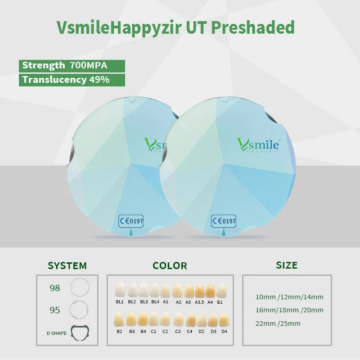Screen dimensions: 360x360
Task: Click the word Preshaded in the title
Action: click(253, 28)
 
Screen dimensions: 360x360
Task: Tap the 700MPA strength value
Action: click(88, 65)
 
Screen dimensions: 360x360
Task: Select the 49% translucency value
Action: click(99, 80)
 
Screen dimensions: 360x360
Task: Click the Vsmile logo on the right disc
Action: click(258, 145)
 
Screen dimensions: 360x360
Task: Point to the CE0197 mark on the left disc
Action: click(131, 221)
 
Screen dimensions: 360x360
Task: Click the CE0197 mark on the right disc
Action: click(224, 221)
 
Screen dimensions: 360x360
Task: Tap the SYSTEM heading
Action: click(67, 265)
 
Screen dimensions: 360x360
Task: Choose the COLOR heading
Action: click(170, 265)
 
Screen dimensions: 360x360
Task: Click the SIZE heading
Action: click(287, 265)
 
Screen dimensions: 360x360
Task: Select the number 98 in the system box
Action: click(55, 288)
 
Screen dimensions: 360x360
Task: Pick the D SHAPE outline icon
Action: click(80, 333)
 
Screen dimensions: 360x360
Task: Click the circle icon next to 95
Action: click(79, 310)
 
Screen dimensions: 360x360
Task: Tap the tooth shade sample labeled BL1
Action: click(120, 290)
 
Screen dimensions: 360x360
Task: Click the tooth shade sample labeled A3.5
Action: click(200, 291)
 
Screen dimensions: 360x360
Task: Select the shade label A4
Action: click(210, 302)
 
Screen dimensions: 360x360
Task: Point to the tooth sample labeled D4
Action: click(224, 320)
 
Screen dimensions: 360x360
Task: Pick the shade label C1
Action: click(153, 332)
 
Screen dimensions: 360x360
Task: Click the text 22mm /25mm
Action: click(278, 324)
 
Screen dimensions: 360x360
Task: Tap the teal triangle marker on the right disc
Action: click(224, 232)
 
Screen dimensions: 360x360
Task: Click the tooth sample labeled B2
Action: click(119, 319)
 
